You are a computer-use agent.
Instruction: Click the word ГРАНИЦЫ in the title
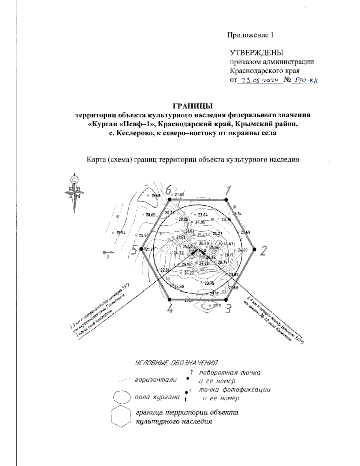[192, 106]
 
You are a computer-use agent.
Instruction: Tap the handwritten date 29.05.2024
[260, 80]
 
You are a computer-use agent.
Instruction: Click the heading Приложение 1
[250, 35]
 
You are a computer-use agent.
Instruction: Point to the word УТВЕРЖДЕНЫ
[256, 53]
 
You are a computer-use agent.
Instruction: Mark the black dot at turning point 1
[226, 200]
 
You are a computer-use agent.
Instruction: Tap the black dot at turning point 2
[254, 249]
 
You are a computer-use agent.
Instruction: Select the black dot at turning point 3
[226, 299]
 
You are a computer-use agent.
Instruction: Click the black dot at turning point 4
[169, 299]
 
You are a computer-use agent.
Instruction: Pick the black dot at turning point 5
[141, 249]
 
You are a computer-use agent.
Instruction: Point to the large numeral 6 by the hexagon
[168, 190]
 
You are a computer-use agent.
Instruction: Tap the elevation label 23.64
[203, 215]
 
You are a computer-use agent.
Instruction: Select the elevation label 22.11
[217, 306]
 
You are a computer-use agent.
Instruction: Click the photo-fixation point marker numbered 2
[106, 252]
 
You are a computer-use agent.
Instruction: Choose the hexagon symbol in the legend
[121, 417]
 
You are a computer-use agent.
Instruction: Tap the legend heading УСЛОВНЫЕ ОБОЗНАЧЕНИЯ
[176, 363]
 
